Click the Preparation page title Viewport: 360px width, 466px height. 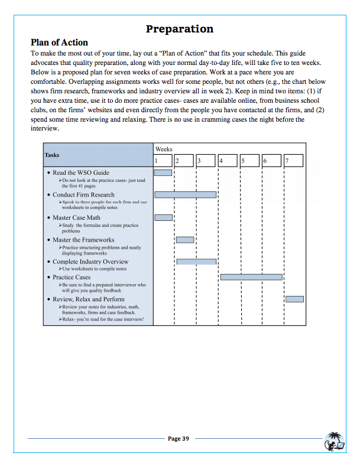coord(179,29)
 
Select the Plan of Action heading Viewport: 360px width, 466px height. coord(59,43)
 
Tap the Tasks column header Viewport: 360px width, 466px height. coord(52,155)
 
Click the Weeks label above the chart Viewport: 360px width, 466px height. coord(164,149)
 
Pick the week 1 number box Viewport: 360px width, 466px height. coord(163,161)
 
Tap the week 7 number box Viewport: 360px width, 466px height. coord(294,161)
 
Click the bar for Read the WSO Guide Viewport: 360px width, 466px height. coord(163,172)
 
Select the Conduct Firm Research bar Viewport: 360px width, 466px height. coord(185,194)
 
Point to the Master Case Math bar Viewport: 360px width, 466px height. coord(163,217)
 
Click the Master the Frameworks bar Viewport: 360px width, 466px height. coord(185,239)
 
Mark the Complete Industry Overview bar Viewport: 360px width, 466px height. coord(196,261)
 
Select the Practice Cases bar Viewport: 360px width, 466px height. coord(251,276)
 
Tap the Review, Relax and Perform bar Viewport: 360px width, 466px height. coord(294,299)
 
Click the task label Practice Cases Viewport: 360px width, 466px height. coord(72,277)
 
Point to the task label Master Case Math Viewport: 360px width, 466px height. coord(76,218)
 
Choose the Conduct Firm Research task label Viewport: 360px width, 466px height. coord(83,195)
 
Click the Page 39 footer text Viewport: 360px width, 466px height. coord(179,438)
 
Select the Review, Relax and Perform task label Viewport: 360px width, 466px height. coord(88,299)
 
